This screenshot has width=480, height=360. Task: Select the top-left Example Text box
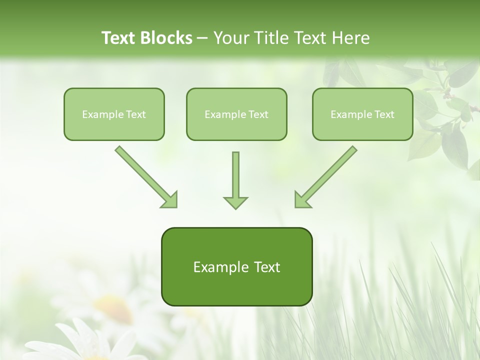114,114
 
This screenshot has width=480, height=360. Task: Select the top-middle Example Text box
236,114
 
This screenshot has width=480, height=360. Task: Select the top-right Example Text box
362,114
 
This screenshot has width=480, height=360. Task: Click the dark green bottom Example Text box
236,266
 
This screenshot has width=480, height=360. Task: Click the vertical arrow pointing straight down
235,177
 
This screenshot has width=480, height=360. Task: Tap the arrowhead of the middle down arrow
235,202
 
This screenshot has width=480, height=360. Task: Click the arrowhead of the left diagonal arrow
170,200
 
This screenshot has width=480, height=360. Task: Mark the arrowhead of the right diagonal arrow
302,200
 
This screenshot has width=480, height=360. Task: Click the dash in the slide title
202,38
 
